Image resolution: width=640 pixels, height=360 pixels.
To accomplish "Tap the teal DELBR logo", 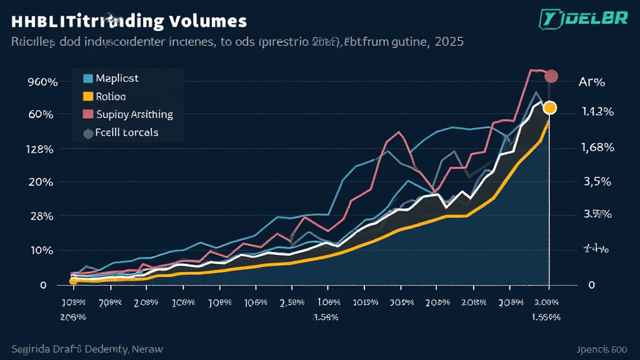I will [x=584, y=19].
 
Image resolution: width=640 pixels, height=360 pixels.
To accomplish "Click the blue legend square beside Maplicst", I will [x=87, y=79].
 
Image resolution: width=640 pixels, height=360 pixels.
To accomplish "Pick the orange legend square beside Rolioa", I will [x=87, y=97].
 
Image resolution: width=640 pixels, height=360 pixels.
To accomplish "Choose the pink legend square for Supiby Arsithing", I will [x=87, y=114].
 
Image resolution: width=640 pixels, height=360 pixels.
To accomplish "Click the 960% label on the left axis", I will [x=26, y=82].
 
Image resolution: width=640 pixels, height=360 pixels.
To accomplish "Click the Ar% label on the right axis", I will [x=591, y=82].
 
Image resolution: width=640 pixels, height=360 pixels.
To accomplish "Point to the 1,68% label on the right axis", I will [x=597, y=148].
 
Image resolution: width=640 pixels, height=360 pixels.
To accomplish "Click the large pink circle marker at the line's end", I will [x=551, y=76].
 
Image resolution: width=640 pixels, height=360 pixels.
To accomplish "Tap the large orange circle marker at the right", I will [x=549, y=107].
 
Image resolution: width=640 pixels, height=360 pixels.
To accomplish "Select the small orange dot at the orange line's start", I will [x=73, y=281].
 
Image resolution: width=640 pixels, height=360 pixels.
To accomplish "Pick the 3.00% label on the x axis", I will [x=548, y=302].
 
